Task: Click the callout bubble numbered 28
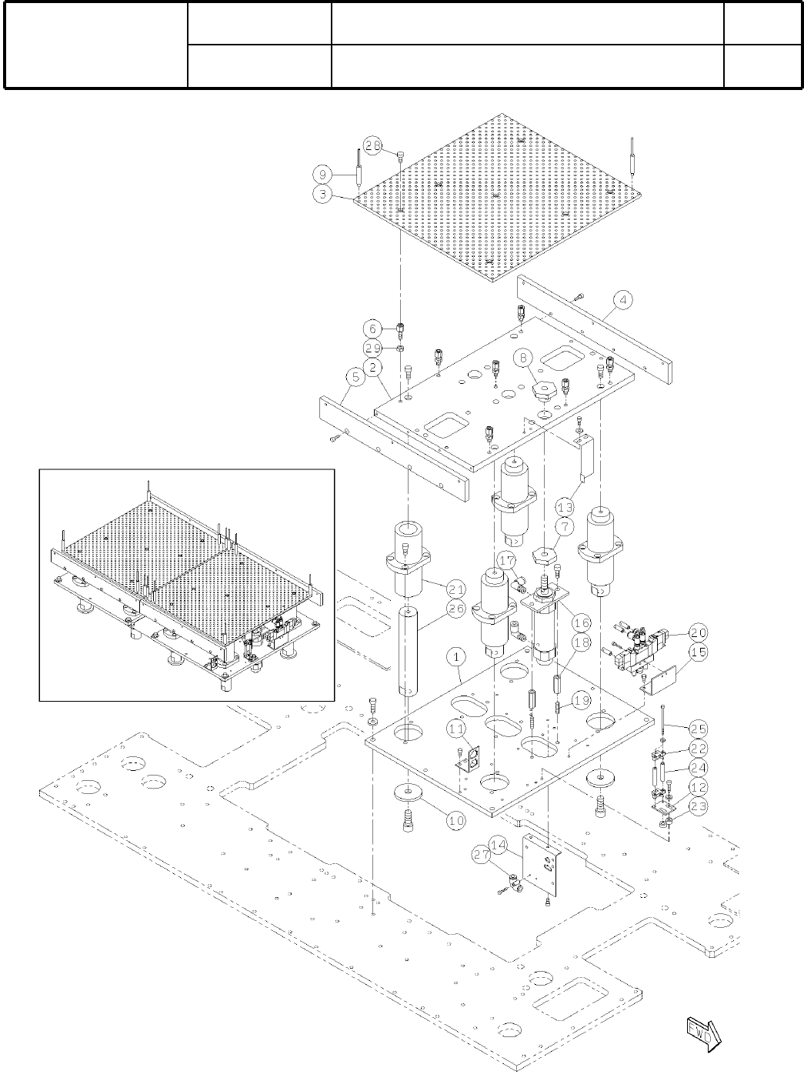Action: (373, 146)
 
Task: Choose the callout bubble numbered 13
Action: (565, 507)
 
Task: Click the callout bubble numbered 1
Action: (457, 658)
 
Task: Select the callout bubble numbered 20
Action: (698, 632)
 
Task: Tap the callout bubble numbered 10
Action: (456, 820)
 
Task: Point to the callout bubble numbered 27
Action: (481, 853)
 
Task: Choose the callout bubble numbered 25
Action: (698, 728)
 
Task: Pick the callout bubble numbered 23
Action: (698, 806)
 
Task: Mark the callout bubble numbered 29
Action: (373, 349)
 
